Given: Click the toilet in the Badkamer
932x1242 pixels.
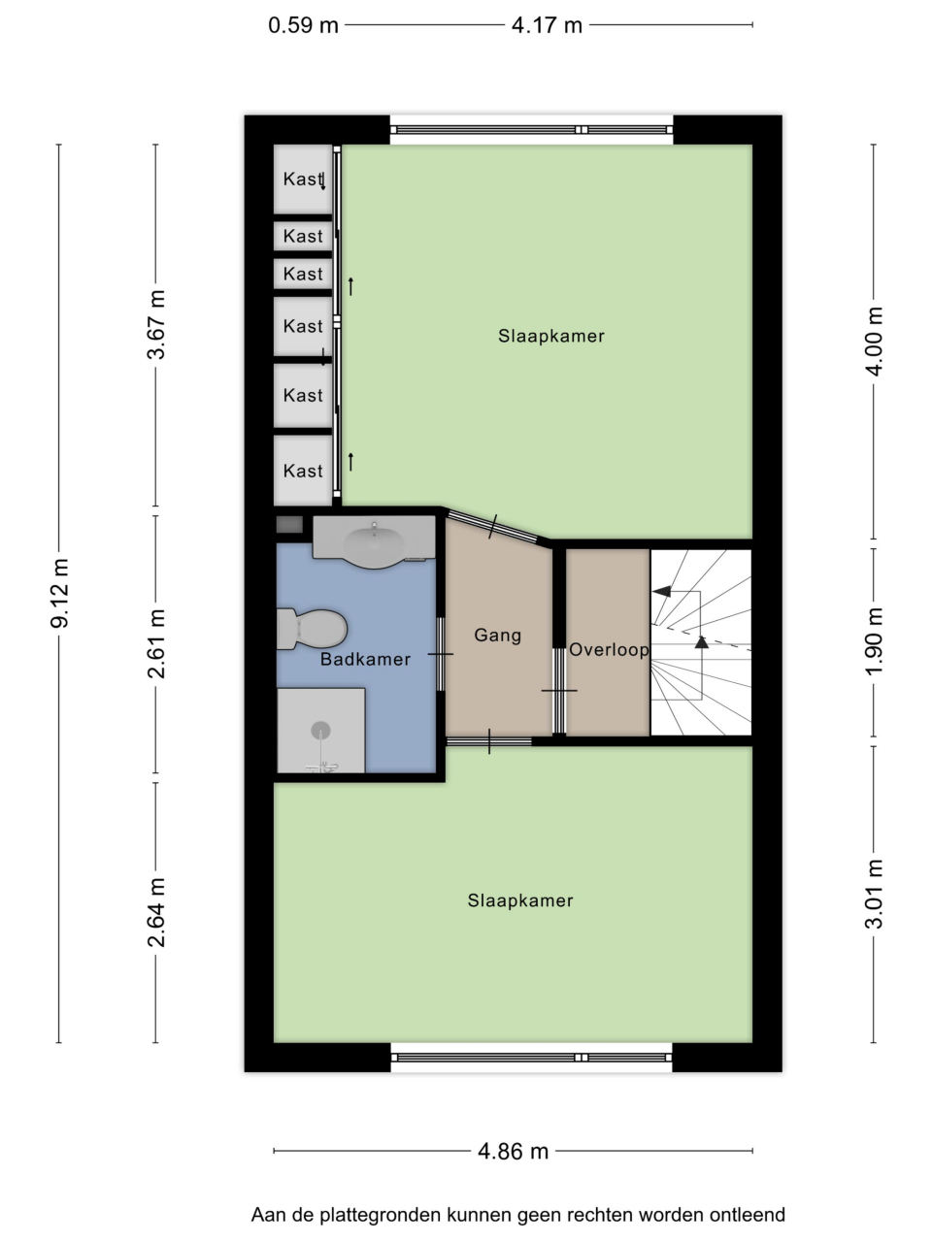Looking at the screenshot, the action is [x=312, y=629].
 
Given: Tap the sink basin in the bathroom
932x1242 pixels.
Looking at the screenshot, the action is [x=374, y=543].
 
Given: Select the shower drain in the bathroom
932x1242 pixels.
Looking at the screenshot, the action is [x=320, y=730].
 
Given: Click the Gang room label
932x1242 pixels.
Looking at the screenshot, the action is [x=497, y=636].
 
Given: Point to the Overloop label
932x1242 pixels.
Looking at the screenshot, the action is [x=609, y=649].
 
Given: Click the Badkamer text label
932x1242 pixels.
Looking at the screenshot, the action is [x=365, y=659].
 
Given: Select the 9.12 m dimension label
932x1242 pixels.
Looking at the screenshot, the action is [x=60, y=593].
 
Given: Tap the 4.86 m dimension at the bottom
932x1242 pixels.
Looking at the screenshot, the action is [x=514, y=1152].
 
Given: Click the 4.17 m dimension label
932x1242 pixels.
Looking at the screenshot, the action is [x=547, y=25].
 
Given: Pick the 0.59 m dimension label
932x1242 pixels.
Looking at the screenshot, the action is [x=303, y=25].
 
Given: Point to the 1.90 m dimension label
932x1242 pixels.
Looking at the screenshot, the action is [x=874, y=641].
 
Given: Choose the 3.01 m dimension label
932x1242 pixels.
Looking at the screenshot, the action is [x=874, y=894].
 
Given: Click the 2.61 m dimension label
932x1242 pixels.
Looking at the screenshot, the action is [x=156, y=644].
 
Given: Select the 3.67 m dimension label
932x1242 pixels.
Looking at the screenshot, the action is [x=156, y=325].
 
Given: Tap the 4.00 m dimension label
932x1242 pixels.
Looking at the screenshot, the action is [x=874, y=342].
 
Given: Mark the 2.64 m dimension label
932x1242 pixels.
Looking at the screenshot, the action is [x=156, y=913].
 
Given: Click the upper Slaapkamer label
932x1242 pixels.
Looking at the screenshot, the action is [x=551, y=336].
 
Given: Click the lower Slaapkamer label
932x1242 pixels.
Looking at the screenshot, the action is [x=520, y=900].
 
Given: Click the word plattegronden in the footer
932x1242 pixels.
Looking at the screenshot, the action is [x=381, y=1215].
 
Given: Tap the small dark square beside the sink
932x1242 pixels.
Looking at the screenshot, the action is [x=289, y=525].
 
